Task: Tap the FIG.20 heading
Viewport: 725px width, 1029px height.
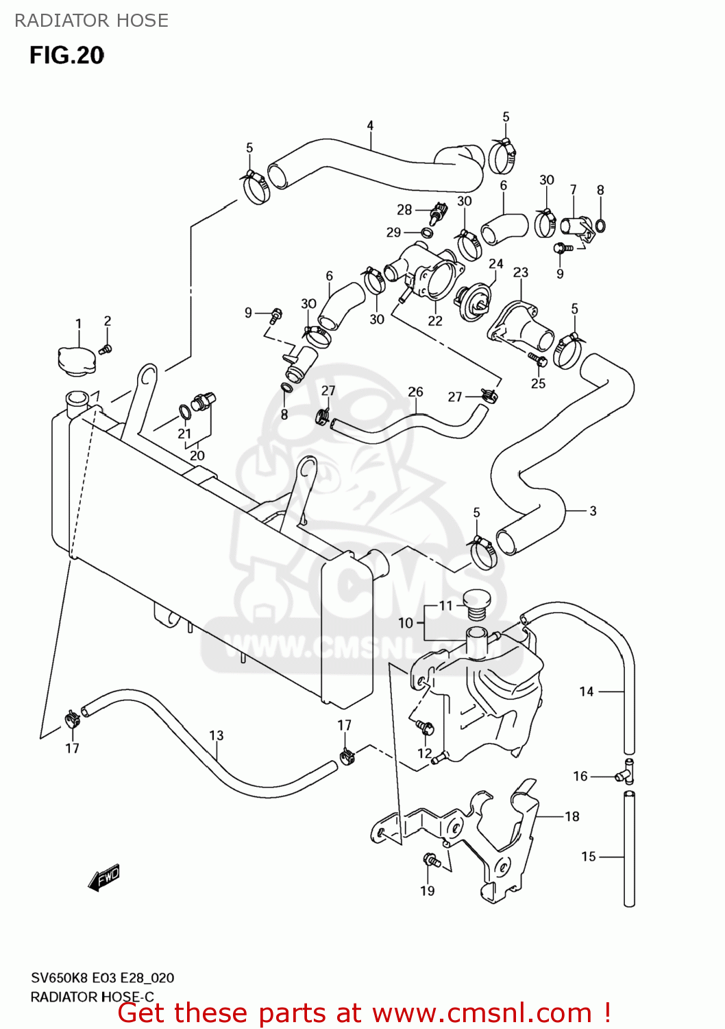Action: click(x=66, y=56)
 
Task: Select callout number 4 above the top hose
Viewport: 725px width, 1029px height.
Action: click(x=370, y=126)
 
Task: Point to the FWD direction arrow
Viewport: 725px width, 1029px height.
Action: click(x=104, y=877)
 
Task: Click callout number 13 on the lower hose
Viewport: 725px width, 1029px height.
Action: click(x=217, y=735)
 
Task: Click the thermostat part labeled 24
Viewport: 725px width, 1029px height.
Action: click(x=474, y=303)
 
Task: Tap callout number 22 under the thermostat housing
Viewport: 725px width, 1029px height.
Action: click(x=435, y=320)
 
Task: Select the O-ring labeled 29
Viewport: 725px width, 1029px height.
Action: click(x=426, y=233)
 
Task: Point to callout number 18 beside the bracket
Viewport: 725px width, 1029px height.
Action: click(x=572, y=816)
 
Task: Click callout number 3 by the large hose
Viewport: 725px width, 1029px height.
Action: click(x=593, y=511)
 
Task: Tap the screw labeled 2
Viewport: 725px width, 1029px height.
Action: click(x=105, y=350)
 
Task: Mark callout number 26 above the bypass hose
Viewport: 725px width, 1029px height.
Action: click(x=415, y=392)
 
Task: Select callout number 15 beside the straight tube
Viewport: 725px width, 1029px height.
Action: click(x=589, y=856)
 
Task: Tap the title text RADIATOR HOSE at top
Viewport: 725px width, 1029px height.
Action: click(x=91, y=21)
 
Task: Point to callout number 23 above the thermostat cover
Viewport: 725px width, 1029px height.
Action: click(x=521, y=272)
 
